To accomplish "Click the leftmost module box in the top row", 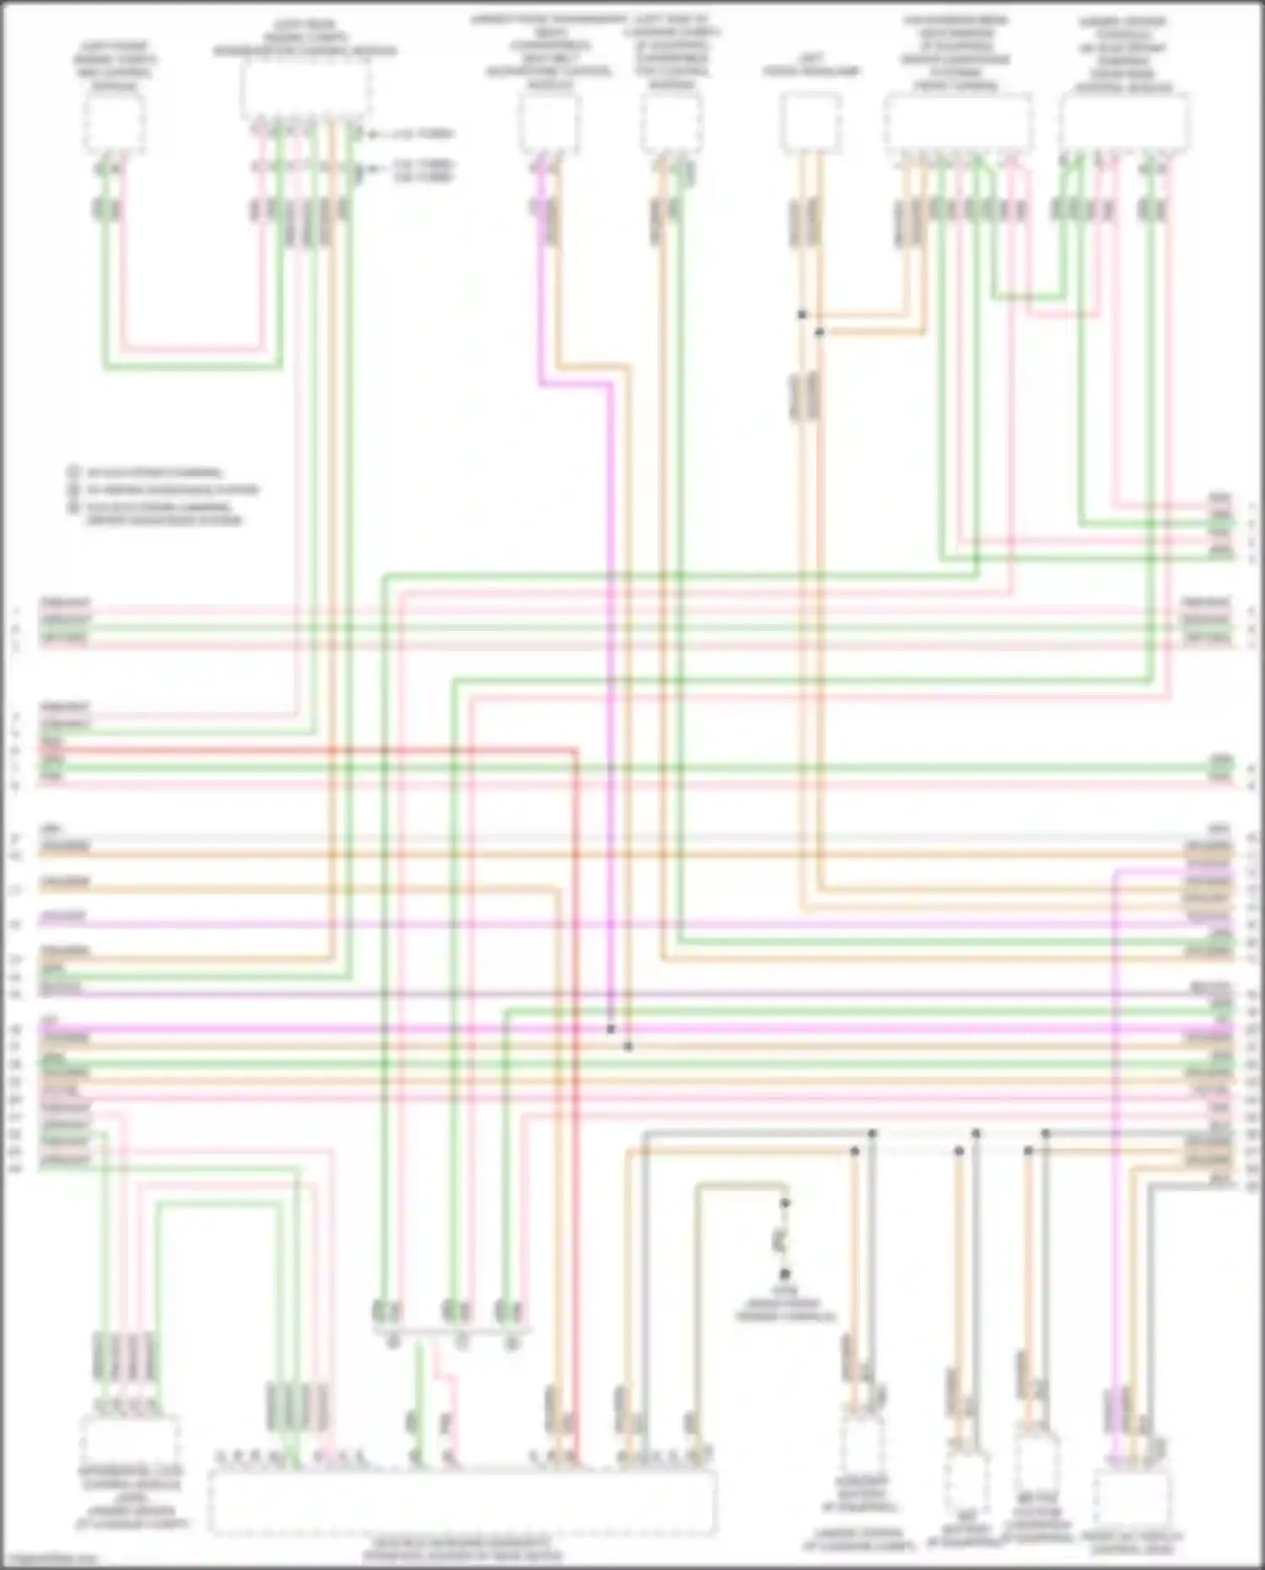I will [x=114, y=123].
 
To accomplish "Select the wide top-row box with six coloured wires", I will [x=305, y=91].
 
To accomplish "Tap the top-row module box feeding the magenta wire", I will [x=548, y=123].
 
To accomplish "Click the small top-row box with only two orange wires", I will [x=810, y=123].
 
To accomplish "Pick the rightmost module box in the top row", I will [x=1124, y=123].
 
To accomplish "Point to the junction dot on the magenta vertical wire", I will [x=611, y=1029].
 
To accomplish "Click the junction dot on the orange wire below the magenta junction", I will [x=628, y=1047].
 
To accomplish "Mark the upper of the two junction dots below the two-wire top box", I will [x=802, y=315].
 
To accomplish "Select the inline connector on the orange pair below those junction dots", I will [x=806, y=397].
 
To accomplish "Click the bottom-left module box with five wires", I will [x=129, y=1441].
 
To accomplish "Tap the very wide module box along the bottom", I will [x=462, y=1502].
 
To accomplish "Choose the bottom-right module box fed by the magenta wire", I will [x=1131, y=1497].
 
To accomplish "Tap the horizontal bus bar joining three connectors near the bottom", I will [x=452, y=1332].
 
